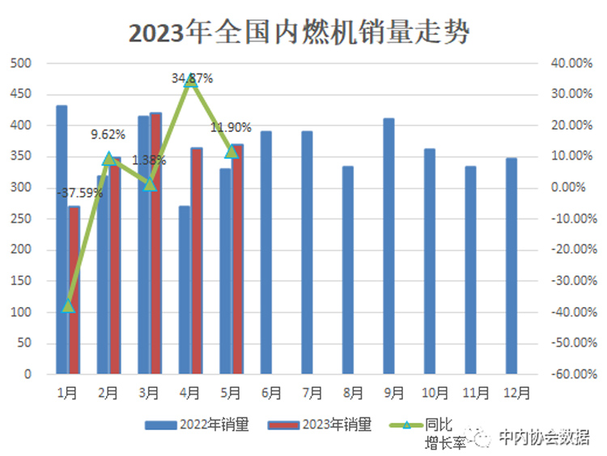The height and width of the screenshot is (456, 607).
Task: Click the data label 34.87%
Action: (193, 79)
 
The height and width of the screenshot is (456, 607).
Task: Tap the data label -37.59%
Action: (80, 193)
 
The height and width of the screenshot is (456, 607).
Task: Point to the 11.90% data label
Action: (231, 127)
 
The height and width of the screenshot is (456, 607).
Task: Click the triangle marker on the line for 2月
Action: (109, 159)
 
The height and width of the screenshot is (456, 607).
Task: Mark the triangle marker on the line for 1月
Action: (68, 306)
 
